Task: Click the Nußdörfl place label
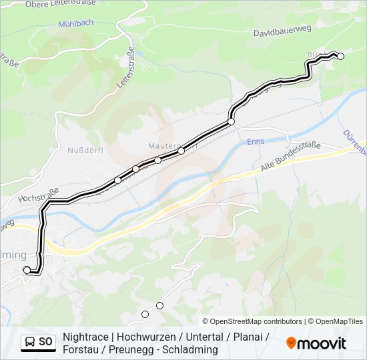coord(85,150)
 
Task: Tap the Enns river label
coord(256,141)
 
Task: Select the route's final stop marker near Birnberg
coord(340,56)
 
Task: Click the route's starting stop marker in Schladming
coord(27,269)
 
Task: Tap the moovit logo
coord(316,343)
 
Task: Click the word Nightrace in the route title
coord(85,337)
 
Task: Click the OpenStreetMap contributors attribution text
coord(256,321)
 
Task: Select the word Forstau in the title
coord(80,350)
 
